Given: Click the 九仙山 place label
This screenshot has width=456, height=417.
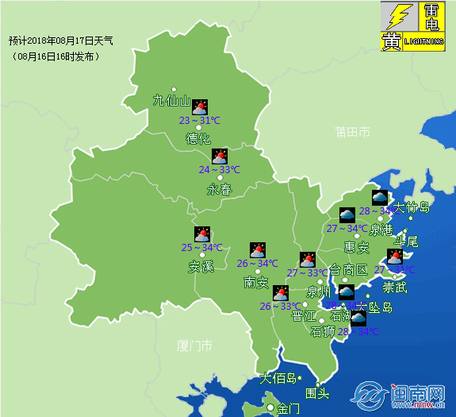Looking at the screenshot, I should pos(172,101).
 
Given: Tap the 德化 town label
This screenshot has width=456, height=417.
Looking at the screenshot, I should pos(198,138).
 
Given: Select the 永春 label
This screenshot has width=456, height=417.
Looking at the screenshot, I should pos(219,189).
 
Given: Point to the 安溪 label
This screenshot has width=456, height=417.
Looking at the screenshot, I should pos(201,267).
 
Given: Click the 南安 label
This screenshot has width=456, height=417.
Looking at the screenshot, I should pos(256,282).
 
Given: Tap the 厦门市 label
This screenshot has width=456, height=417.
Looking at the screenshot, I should pos(195,346).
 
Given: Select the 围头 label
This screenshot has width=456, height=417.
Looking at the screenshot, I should pos(317,392).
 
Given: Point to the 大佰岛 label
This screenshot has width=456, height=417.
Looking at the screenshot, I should pos(278,378).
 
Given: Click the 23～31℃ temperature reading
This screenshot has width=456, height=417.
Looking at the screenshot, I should pos(199,121).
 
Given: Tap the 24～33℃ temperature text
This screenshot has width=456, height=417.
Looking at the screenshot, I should pos(219,170).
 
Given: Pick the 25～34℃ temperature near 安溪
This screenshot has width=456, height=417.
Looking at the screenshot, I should pos(201,248).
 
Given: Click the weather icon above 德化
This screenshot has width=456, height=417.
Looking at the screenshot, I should pos(200,106).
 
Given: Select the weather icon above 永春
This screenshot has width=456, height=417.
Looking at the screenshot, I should pos(220,156).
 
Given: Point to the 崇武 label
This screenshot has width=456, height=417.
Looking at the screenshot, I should pos(394,286).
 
